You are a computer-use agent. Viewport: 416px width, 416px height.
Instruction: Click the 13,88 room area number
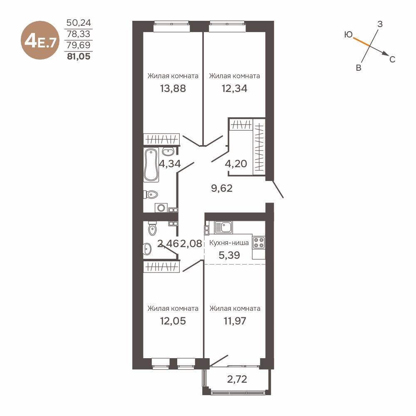173,88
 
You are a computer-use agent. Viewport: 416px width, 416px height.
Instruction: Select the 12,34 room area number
234,88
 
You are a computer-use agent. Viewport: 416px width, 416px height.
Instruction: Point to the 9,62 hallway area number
222,188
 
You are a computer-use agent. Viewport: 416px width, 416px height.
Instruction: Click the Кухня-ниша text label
229,243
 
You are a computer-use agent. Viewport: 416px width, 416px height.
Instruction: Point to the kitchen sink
225,227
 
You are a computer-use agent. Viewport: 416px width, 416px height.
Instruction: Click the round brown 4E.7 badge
40,42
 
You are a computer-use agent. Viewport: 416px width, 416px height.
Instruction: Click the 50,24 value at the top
79,22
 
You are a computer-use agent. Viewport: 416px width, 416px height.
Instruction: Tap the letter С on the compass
392,59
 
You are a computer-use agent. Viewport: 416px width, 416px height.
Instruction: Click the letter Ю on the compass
349,35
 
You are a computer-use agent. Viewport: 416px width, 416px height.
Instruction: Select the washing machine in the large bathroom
160,207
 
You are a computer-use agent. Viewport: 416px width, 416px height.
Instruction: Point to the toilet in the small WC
152,228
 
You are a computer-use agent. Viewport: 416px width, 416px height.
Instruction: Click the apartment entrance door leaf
277,189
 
